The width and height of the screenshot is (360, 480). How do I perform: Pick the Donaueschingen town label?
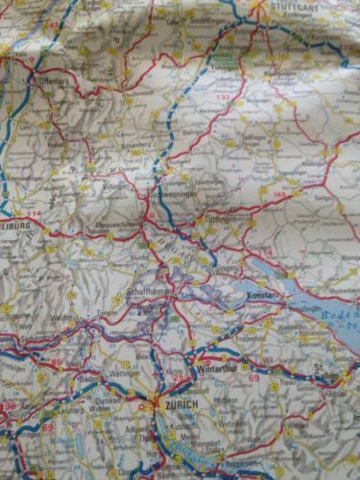(114, 219)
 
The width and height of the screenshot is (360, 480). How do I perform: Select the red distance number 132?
(227, 99)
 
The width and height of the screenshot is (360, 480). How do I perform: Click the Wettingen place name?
(117, 372)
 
